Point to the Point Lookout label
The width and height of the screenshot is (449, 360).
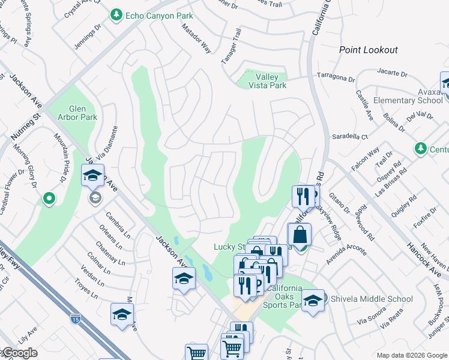(x=368, y=50)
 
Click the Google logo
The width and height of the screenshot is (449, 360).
(x=20, y=353)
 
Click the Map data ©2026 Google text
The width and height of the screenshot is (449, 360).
(x=411, y=355)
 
